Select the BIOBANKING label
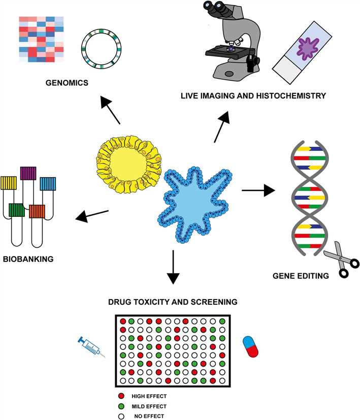coord(28,259)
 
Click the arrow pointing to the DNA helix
coord(258,191)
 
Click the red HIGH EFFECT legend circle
coord(121,396)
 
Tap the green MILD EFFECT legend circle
coord(121,406)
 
